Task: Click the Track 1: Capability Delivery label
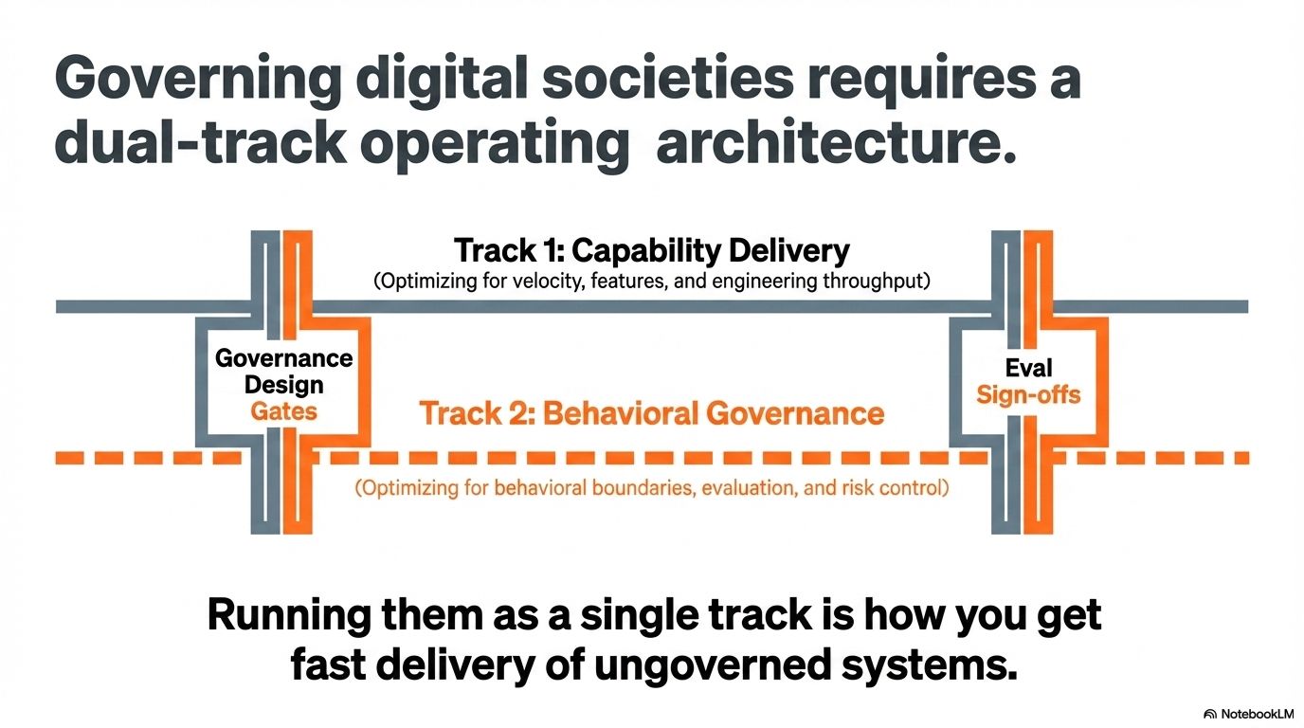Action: [x=652, y=251]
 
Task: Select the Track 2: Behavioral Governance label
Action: [x=651, y=413]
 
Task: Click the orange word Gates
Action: [x=283, y=411]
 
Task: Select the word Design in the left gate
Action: [x=283, y=385]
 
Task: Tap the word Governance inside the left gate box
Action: [x=283, y=358]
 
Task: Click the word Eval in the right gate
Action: [x=1028, y=368]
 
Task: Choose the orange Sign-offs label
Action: [x=1028, y=394]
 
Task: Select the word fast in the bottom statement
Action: [x=327, y=665]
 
